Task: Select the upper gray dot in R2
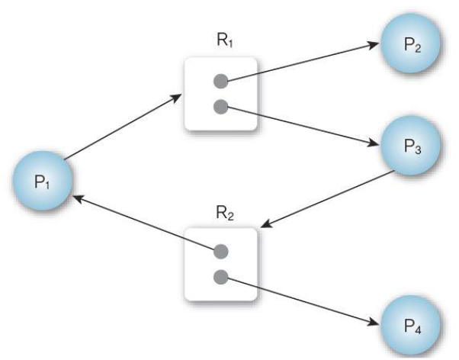point(220,250)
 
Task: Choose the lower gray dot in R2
point(220,275)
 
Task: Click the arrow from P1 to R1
point(122,127)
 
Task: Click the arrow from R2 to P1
point(145,223)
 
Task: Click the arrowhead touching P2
point(374,43)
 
